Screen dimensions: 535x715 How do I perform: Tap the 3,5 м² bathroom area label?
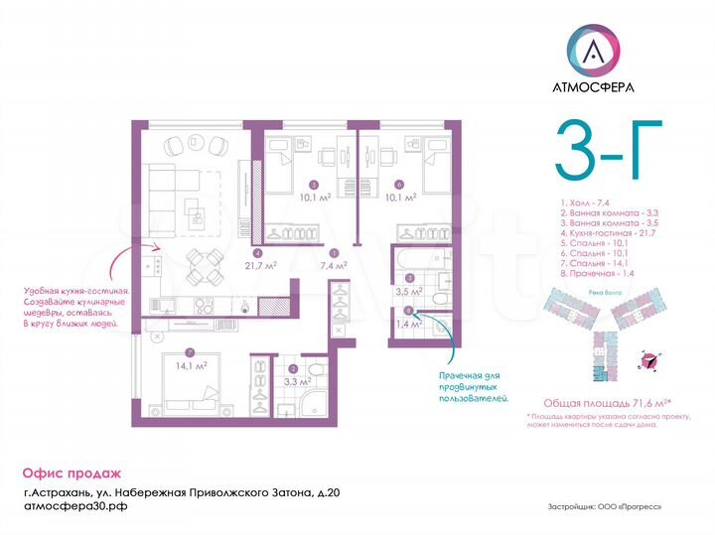(x=408, y=292)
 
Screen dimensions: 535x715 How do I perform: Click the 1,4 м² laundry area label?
(x=407, y=324)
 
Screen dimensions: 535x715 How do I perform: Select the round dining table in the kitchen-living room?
(x=205, y=265)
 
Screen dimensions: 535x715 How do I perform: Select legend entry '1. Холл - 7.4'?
(x=583, y=202)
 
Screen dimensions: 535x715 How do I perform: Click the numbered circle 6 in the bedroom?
(x=398, y=184)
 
